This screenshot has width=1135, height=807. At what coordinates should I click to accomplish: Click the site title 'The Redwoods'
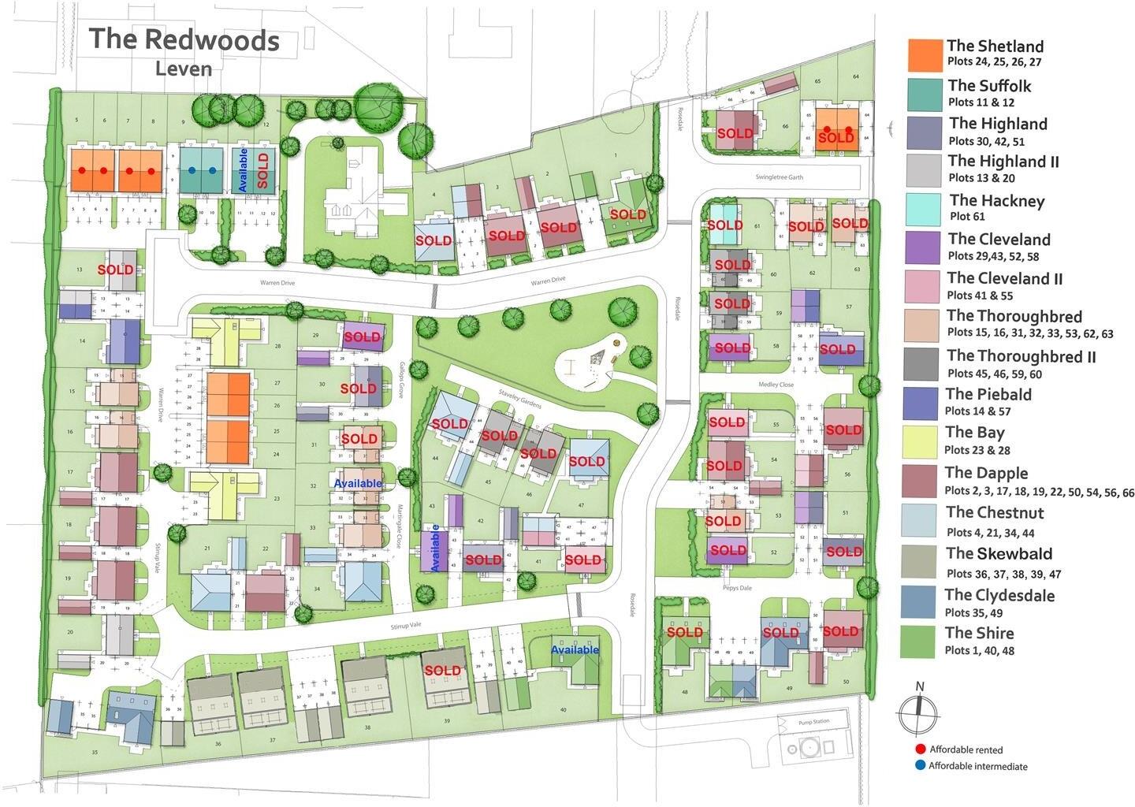pyautogui.click(x=184, y=39)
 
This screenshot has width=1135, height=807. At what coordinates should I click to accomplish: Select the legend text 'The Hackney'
pyautogui.click(x=996, y=201)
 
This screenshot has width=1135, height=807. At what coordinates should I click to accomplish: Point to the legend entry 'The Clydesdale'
pyautogui.click(x=999, y=595)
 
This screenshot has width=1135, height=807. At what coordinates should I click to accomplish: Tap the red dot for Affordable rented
pyautogui.click(x=919, y=749)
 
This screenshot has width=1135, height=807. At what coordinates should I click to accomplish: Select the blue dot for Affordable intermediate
pyautogui.click(x=919, y=765)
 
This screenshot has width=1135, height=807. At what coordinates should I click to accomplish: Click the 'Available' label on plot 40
pyautogui.click(x=575, y=649)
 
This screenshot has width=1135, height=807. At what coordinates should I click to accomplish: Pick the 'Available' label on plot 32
pyautogui.click(x=358, y=483)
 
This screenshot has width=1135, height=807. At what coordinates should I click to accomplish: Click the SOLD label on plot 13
pyautogui.click(x=115, y=270)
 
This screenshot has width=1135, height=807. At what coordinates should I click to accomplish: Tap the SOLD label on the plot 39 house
pyautogui.click(x=442, y=671)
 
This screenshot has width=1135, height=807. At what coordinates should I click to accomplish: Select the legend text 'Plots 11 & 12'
pyautogui.click(x=981, y=102)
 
